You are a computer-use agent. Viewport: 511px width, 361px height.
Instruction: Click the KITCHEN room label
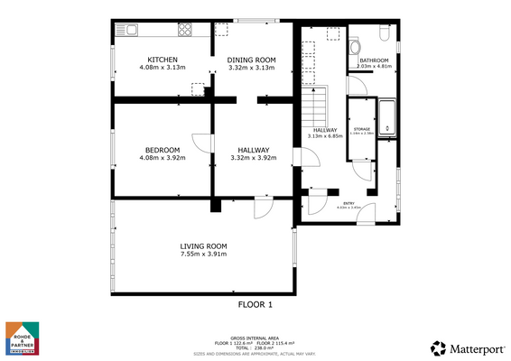tap(163, 60)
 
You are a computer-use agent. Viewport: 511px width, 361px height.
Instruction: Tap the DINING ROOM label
tap(252, 60)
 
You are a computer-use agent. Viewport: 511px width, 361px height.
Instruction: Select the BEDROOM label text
tap(163, 150)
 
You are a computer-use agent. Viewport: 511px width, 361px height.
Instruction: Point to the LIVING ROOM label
tap(202, 245)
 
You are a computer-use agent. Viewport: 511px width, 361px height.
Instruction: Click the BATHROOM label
tap(373, 60)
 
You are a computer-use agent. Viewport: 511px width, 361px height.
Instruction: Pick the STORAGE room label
tap(362, 130)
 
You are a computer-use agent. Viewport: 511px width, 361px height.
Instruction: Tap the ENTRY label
tap(348, 203)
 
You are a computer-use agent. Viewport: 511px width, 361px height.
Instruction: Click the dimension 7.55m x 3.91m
tap(202, 255)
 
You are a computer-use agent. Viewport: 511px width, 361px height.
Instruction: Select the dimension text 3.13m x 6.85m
tap(325, 137)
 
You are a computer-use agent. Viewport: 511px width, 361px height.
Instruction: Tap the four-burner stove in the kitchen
tap(186, 30)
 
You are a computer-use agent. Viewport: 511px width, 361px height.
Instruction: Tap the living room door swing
tap(264, 208)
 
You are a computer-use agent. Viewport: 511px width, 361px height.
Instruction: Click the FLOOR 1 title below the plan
tap(255, 305)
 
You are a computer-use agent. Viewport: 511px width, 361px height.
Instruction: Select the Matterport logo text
tap(474, 347)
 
